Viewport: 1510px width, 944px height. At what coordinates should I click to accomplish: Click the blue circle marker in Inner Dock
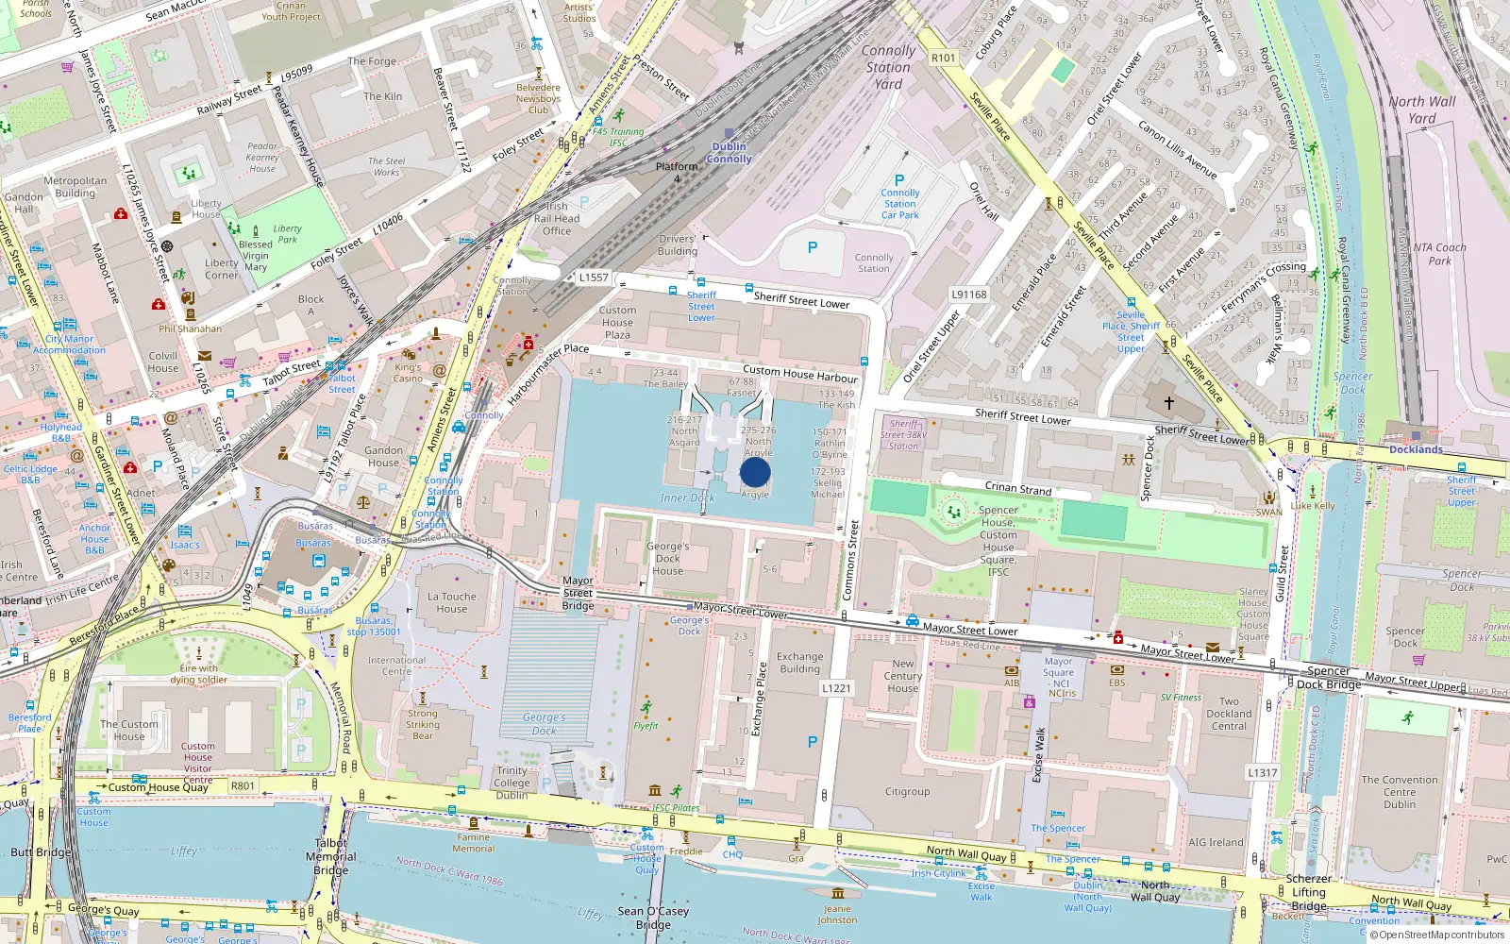pyautogui.click(x=755, y=472)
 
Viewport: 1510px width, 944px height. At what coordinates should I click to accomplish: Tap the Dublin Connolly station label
pyautogui.click(x=729, y=153)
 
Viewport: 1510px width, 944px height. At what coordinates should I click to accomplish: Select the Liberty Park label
pyautogui.click(x=287, y=233)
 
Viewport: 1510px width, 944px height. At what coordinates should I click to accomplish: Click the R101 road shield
pyautogui.click(x=943, y=58)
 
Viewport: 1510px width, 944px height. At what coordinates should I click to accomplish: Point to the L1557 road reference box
pyautogui.click(x=594, y=278)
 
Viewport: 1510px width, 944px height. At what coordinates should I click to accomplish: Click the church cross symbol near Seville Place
pyautogui.click(x=1168, y=403)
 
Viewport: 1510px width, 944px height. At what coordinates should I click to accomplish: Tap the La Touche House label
pyautogui.click(x=451, y=602)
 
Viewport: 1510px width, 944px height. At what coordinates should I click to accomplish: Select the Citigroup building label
pyautogui.click(x=907, y=792)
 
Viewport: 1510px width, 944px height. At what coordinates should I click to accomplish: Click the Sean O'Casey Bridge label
pyautogui.click(x=653, y=918)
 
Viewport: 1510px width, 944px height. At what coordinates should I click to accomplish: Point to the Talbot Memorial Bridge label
pyautogui.click(x=330, y=856)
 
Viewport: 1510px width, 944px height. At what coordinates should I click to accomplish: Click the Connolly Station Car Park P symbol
pyautogui.click(x=899, y=180)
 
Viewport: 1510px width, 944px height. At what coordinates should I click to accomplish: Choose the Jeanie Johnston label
pyautogui.click(x=837, y=914)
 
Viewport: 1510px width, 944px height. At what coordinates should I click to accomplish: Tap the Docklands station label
pyautogui.click(x=1416, y=449)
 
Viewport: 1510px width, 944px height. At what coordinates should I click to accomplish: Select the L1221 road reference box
pyautogui.click(x=836, y=688)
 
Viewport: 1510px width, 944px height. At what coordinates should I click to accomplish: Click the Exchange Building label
pyautogui.click(x=799, y=663)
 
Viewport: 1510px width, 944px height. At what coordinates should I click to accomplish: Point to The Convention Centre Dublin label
pyautogui.click(x=1400, y=792)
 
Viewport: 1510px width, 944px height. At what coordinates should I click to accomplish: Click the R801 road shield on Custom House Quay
pyautogui.click(x=243, y=785)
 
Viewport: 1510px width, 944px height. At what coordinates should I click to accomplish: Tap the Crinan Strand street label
pyautogui.click(x=1018, y=488)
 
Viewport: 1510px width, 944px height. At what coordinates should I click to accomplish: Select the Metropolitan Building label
pyautogui.click(x=75, y=187)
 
